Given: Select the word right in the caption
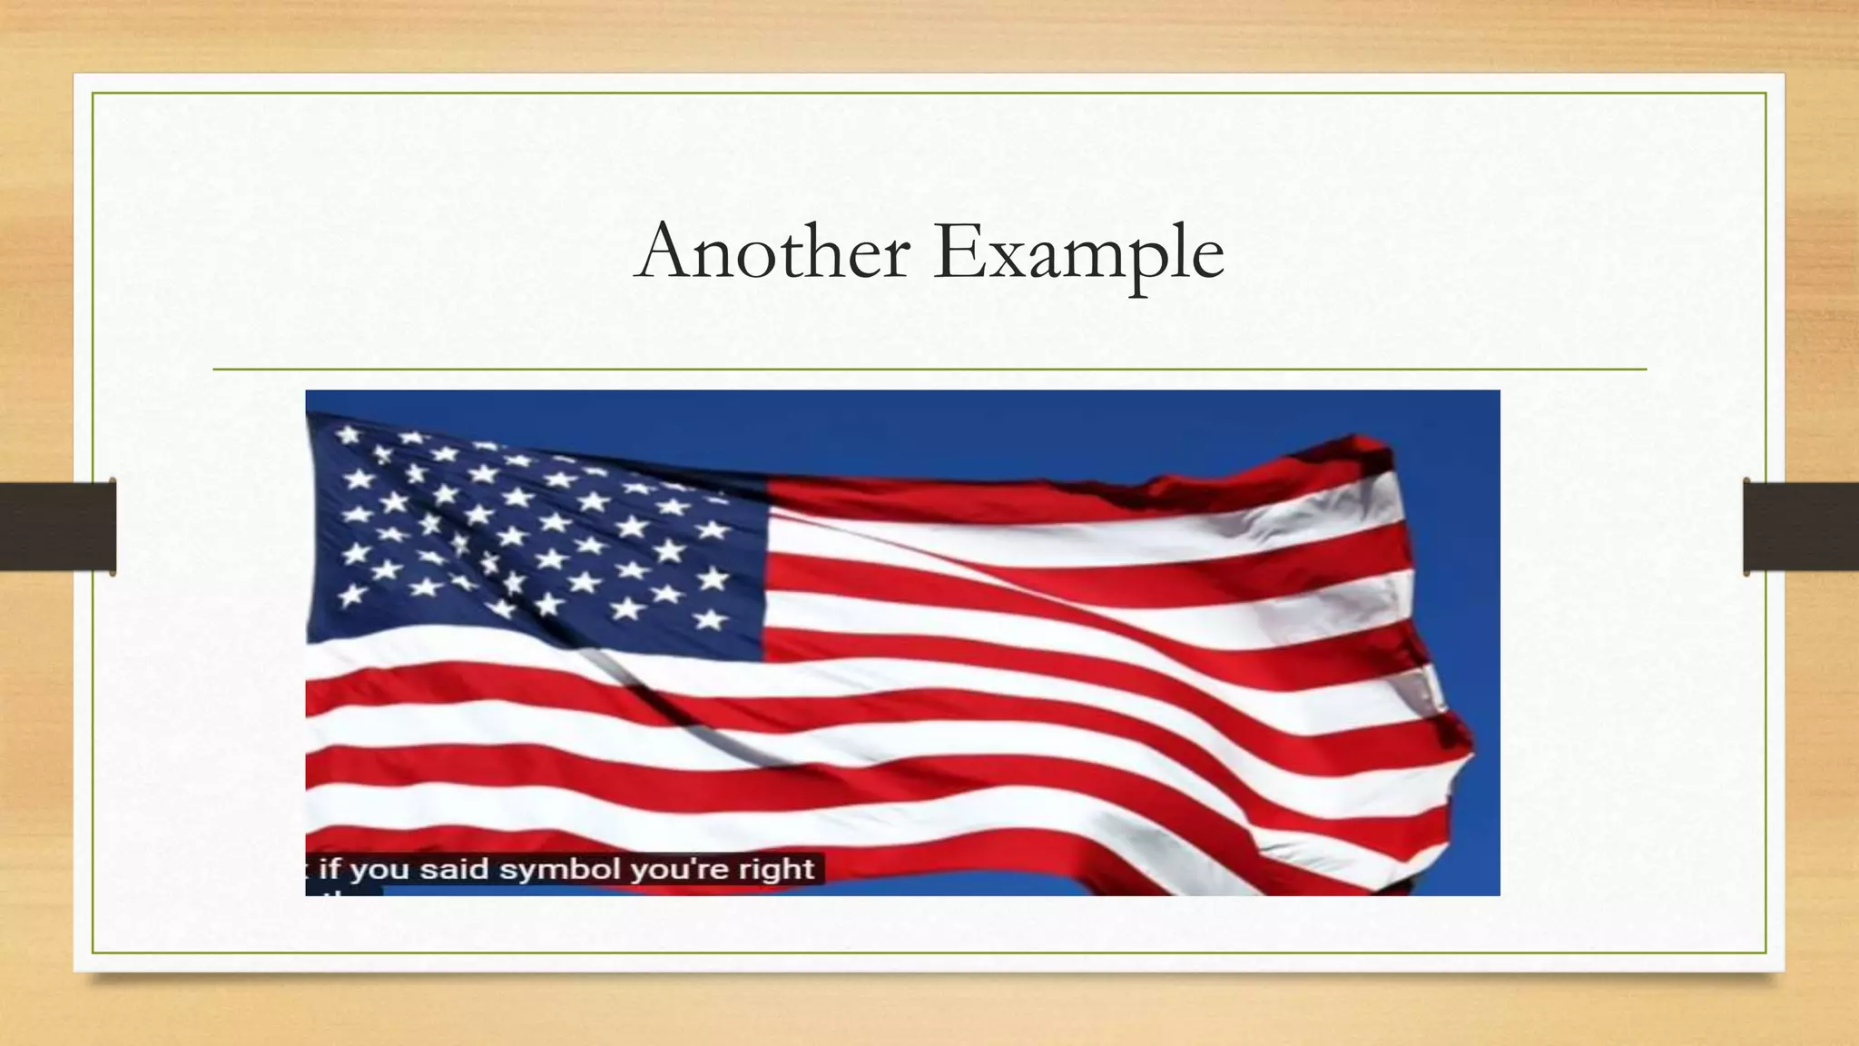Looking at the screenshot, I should (x=776, y=869).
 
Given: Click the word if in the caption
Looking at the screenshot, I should (x=329, y=869).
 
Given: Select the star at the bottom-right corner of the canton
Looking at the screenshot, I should (x=710, y=619).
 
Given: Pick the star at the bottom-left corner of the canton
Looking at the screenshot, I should (x=351, y=596).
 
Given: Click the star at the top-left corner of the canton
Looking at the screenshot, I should (x=348, y=435).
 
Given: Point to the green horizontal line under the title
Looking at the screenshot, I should (x=929, y=370).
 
